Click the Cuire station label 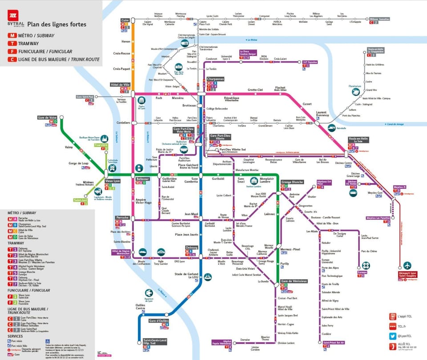click(x=125, y=20)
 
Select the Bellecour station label click(x=142, y=179)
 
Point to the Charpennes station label click(x=215, y=79)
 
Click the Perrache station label click(x=122, y=217)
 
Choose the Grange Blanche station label click(x=292, y=182)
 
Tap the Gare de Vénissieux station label click(x=294, y=282)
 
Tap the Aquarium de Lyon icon click(x=149, y=293)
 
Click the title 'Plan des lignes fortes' click(x=57, y=24)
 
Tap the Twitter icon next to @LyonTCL click(x=393, y=336)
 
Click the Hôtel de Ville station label click(x=120, y=84)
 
